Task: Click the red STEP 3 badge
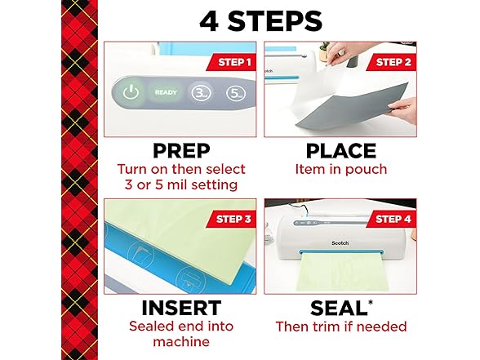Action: pyautogui.click(x=231, y=218)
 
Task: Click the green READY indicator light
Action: pyautogui.click(x=166, y=93)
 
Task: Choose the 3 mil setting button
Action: pyautogui.click(x=201, y=93)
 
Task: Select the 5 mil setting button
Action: pyautogui.click(x=237, y=93)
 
